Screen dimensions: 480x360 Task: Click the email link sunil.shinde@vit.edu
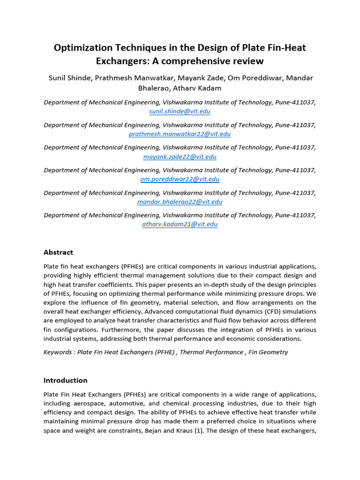tap(180, 112)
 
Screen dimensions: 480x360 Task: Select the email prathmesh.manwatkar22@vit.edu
tap(180, 134)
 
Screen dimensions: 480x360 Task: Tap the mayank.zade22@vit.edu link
tap(180, 157)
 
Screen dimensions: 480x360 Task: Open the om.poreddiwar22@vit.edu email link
tap(180, 179)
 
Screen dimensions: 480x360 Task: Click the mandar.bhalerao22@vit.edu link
tap(180, 202)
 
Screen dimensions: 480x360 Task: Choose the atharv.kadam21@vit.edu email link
tap(180, 224)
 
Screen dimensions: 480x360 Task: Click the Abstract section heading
tap(58, 252)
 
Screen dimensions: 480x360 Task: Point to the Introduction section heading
tap(65, 380)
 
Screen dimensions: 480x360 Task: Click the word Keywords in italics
tap(59, 352)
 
